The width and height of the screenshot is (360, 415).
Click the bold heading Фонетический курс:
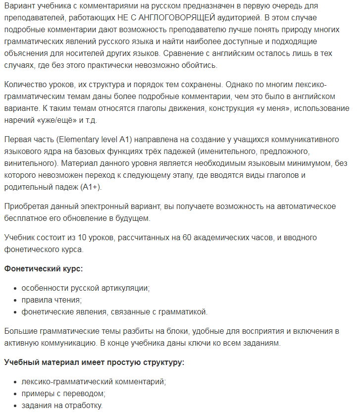[44, 268]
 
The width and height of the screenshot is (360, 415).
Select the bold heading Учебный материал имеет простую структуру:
[94, 362]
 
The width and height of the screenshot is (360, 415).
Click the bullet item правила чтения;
[51, 300]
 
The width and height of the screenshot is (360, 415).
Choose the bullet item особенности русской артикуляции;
[85, 288]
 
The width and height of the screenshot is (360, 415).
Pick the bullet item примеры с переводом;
[63, 393]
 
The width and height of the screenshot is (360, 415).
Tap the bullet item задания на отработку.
[62, 405]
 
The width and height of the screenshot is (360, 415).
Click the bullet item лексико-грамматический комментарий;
[94, 382]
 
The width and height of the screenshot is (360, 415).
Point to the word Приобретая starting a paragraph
[27, 206]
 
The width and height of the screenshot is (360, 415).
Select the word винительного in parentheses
[28, 162]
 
